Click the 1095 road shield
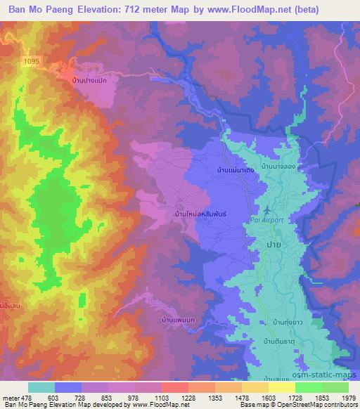coord(32,62)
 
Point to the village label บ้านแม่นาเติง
coord(236,169)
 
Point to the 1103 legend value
coord(162,397)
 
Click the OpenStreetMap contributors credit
coord(316,405)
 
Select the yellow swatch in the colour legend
coord(281,387)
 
